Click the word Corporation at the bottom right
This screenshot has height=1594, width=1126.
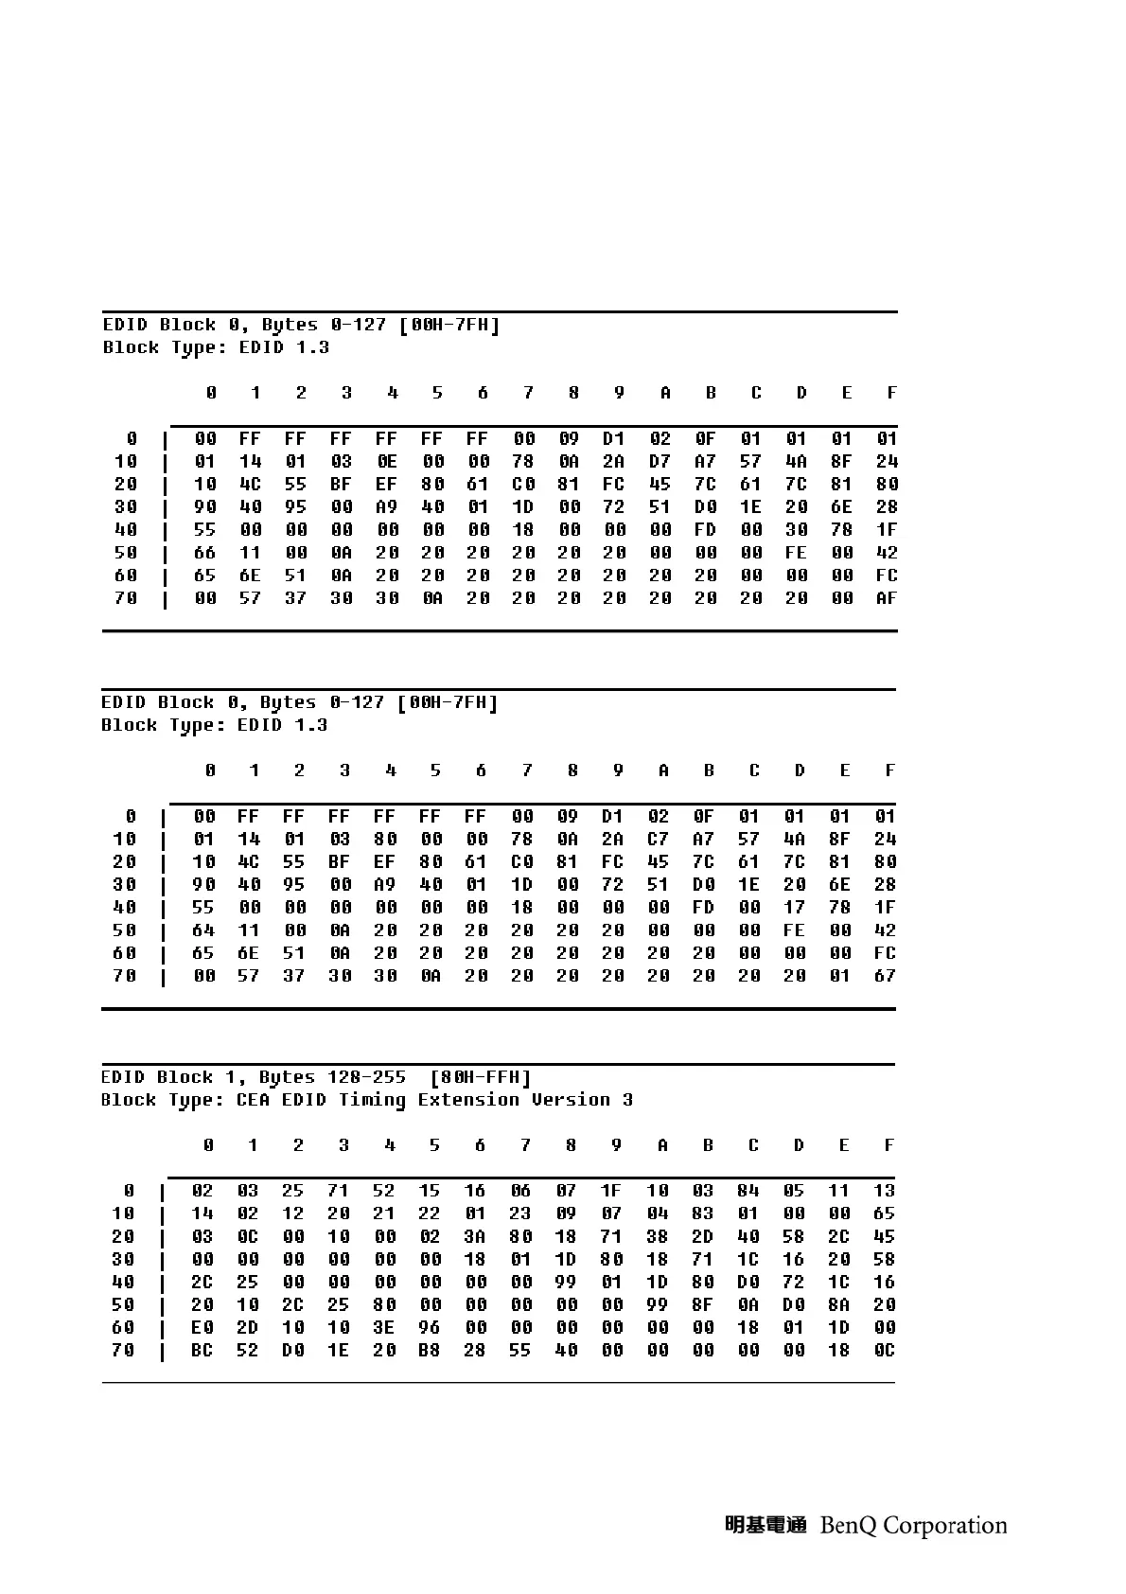pyautogui.click(x=945, y=1526)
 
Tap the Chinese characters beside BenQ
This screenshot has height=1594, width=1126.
pyautogui.click(x=765, y=1525)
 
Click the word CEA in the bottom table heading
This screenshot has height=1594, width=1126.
pyautogui.click(x=253, y=1100)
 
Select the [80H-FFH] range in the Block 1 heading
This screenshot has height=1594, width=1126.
pyautogui.click(x=480, y=1077)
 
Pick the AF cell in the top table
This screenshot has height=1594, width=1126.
pyautogui.click(x=887, y=598)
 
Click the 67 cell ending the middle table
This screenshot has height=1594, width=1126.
pyautogui.click(x=885, y=976)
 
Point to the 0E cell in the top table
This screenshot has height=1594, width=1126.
pyautogui.click(x=386, y=462)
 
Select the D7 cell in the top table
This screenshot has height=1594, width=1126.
pyautogui.click(x=660, y=462)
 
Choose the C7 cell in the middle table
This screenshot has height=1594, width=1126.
pyautogui.click(x=658, y=840)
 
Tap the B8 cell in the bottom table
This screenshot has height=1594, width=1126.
pyautogui.click(x=430, y=1351)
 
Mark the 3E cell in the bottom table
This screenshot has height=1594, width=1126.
pyautogui.click(x=383, y=1328)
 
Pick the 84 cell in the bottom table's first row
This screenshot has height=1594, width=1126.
pyautogui.click(x=748, y=1191)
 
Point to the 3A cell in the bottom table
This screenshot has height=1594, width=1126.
pyautogui.click(x=475, y=1236)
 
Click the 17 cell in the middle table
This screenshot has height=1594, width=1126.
pyautogui.click(x=795, y=908)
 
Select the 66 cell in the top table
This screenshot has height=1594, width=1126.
pyautogui.click(x=204, y=553)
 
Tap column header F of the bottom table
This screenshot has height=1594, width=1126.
pyautogui.click(x=888, y=1145)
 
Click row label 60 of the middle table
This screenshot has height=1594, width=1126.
pyautogui.click(x=125, y=953)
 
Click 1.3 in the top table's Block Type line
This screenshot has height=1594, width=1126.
pyautogui.click(x=313, y=347)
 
